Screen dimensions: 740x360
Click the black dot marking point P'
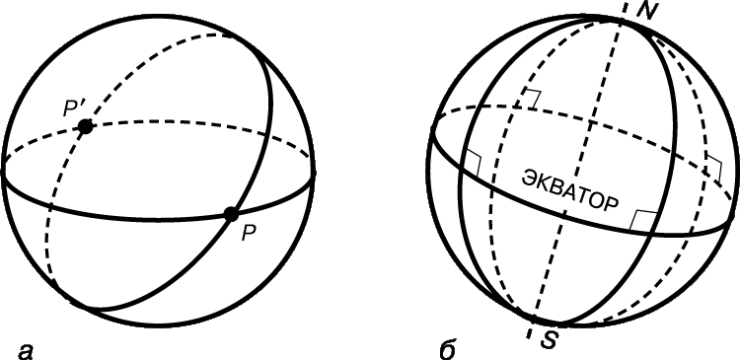86,126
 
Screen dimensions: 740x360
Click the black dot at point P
231,214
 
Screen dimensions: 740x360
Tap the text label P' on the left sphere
74,109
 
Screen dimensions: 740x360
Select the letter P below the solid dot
249,234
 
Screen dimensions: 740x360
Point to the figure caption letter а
26,351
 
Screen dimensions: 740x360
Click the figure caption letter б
446,349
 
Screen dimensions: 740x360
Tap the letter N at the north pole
644,11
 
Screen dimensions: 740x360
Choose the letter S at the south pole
549,339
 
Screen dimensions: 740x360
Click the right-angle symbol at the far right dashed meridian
714,167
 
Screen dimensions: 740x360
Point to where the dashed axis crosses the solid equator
564,214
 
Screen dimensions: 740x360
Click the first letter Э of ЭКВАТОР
527,178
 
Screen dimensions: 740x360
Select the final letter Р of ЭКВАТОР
612,205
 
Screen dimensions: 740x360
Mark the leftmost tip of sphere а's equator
3,173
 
